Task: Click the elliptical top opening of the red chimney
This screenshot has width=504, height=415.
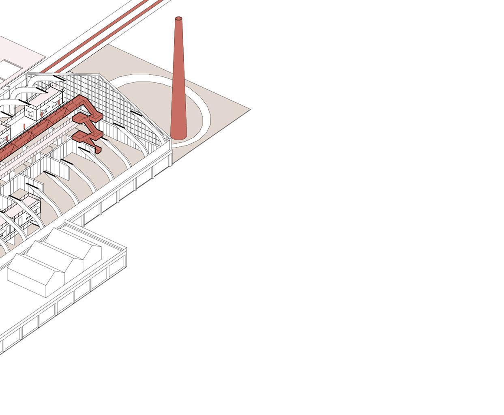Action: pyautogui.click(x=178, y=19)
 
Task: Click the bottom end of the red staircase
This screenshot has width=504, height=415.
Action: pyautogui.click(x=99, y=151)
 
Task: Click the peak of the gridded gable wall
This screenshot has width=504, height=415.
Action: pyautogui.click(x=101, y=75)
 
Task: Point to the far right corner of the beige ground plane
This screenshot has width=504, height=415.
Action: pyautogui.click(x=250, y=110)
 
